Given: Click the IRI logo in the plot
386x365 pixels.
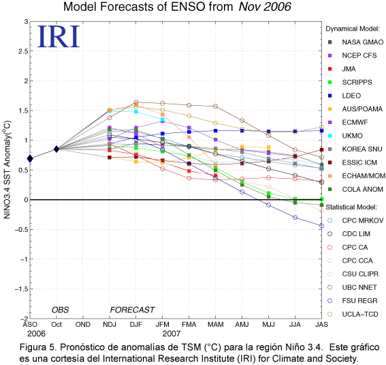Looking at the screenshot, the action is coord(59,36).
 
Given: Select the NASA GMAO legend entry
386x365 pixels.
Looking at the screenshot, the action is coord(356,42).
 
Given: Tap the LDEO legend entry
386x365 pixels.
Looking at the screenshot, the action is coord(344,96).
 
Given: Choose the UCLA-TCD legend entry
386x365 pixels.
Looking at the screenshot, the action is coord(353,315).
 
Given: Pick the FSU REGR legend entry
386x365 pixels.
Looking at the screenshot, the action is coord(353,301).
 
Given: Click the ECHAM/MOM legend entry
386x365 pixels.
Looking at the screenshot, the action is coord(357,176).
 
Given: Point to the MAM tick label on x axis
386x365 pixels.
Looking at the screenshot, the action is coord(216,325).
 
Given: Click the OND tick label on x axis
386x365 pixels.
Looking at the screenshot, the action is coord(83,325).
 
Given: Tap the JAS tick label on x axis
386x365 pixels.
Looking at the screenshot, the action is coord(321,325).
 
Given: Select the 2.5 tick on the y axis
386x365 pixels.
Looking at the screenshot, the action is coord(23,51).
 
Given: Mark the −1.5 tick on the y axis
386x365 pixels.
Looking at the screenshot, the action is coord(21,289).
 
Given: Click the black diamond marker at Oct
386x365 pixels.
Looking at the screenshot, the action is coord(57,149).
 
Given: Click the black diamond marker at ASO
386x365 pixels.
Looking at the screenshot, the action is coord(30,158).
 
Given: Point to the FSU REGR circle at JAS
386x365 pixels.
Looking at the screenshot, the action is coord(321,226).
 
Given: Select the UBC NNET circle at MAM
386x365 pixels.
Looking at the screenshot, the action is coord(216,106).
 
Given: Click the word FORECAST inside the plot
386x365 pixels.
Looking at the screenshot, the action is coord(132,310).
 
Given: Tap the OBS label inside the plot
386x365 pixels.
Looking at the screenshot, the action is coord(61,310).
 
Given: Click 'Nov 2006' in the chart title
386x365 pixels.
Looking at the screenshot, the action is coord(265,7).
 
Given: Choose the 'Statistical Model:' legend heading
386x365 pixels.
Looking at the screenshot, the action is coord(351,207).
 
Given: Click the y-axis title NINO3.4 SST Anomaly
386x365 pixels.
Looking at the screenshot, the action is coord(7,170).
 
